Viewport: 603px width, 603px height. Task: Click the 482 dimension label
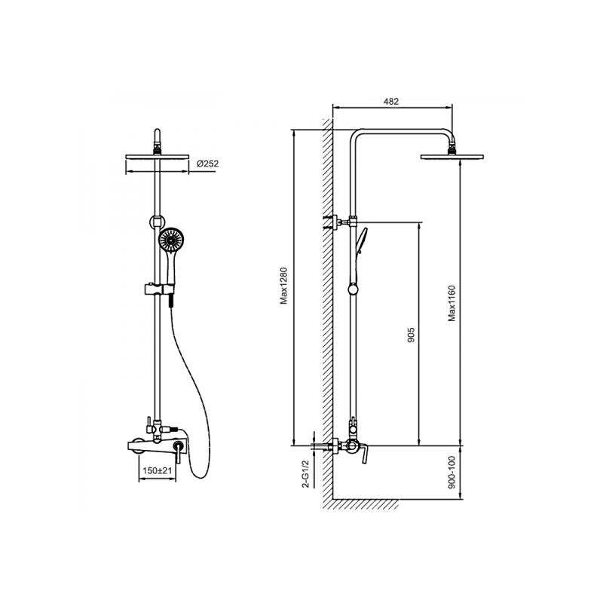coord(391,102)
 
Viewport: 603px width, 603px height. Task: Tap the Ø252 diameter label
coord(208,164)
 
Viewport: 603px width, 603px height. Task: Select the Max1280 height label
coord(284,286)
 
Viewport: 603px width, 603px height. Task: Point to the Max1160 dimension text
coord(451,303)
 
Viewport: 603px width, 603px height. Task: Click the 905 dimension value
coord(411,335)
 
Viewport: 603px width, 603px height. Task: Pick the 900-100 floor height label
coord(451,472)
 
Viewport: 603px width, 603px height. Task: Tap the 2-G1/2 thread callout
coord(306,474)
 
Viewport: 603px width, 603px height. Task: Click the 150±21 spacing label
coord(157,470)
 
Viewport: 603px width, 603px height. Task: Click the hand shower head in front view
coord(171,240)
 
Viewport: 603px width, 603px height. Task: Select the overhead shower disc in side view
coord(451,157)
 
